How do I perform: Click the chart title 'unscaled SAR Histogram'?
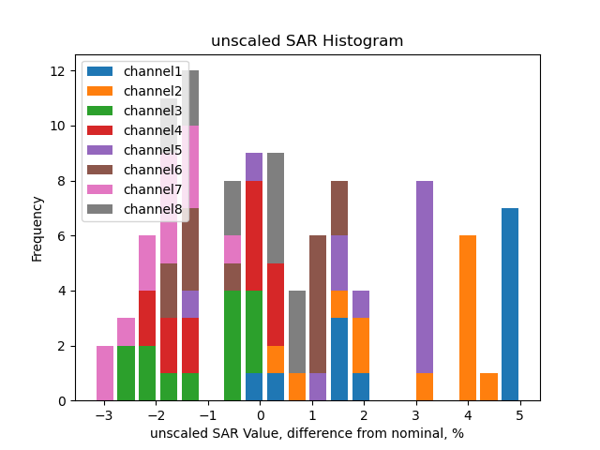pyautogui.click(x=307, y=41)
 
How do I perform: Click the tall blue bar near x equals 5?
pyautogui.click(x=510, y=305)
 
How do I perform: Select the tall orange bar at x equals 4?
pyautogui.click(x=468, y=318)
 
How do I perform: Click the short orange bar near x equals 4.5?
pyautogui.click(x=488, y=387)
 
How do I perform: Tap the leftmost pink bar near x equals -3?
pyautogui.click(x=105, y=373)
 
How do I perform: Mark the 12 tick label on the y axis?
pyautogui.click(x=58, y=71)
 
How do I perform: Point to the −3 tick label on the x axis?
pyautogui.click(x=102, y=415)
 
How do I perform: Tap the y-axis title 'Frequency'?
pyautogui.click(x=37, y=228)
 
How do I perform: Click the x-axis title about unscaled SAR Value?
pyautogui.click(x=307, y=433)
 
